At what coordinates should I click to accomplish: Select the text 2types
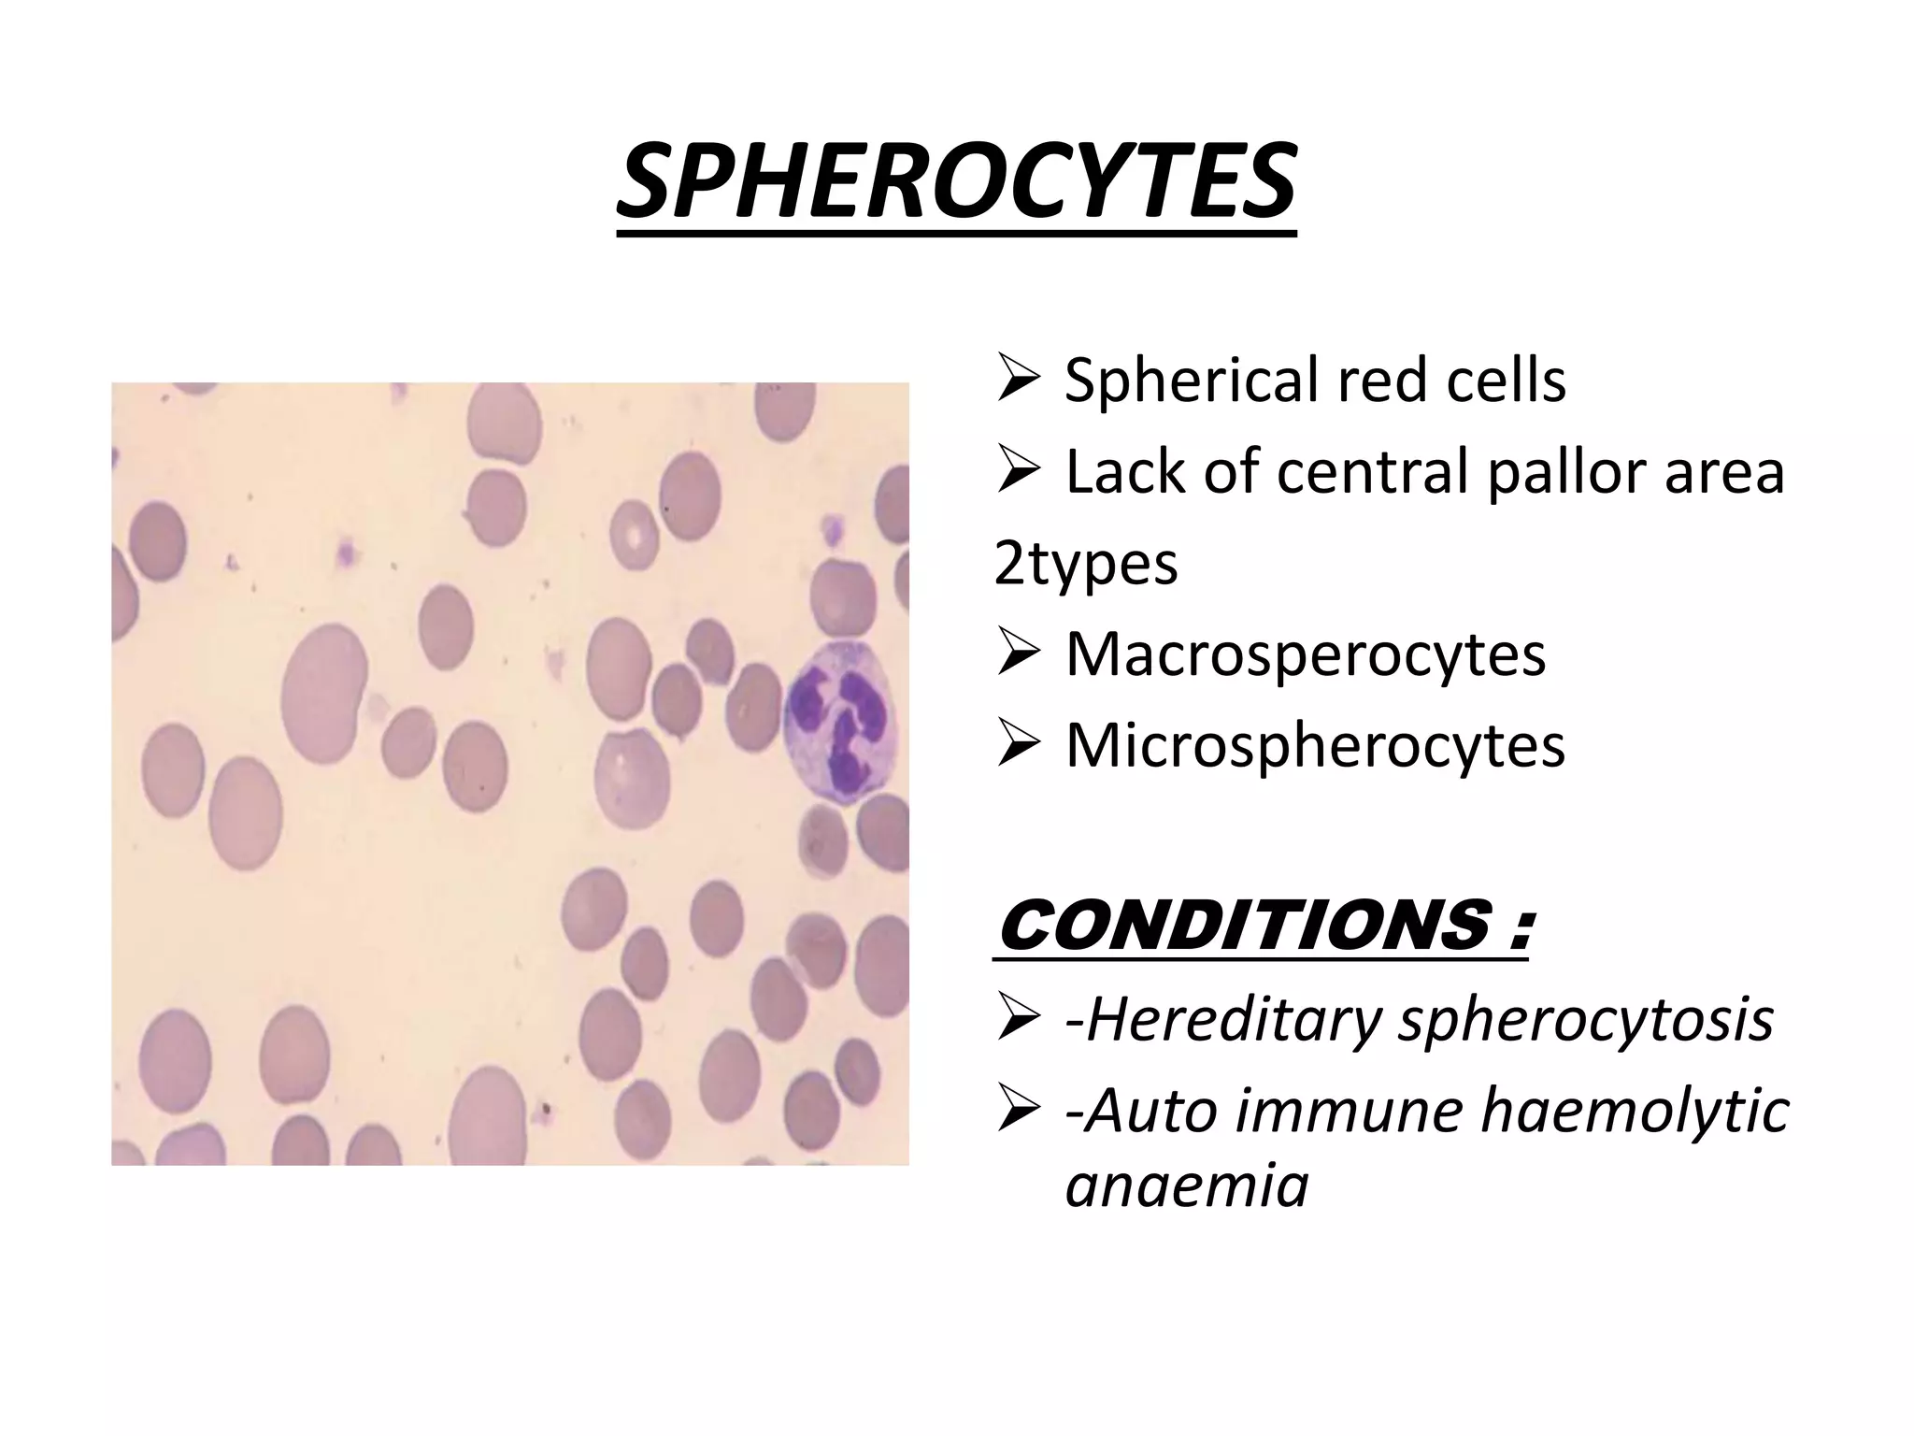pyautogui.click(x=1085, y=563)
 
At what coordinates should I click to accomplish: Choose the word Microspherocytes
pyautogui.click(x=1315, y=745)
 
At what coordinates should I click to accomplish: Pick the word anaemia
pyautogui.click(x=1187, y=1185)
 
